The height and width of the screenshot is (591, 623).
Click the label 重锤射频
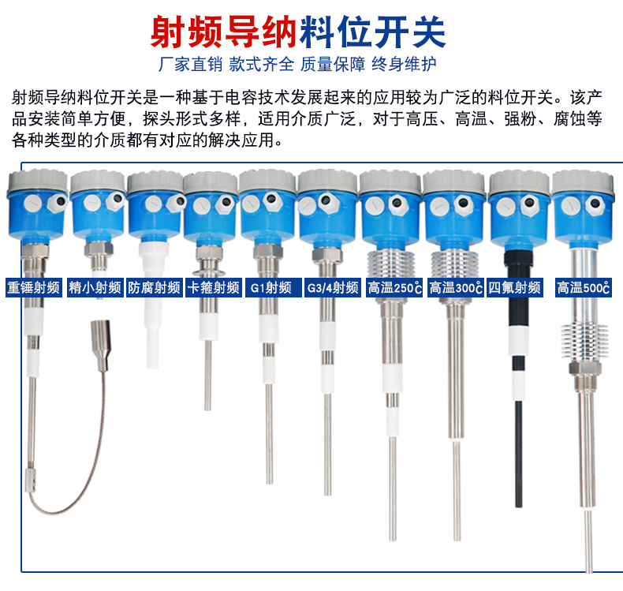[34, 287]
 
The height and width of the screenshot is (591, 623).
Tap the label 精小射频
[95, 287]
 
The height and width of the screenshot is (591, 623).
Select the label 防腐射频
[154, 287]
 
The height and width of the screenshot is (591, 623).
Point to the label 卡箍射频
[214, 287]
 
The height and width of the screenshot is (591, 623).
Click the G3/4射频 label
[333, 287]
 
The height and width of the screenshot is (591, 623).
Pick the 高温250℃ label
[394, 287]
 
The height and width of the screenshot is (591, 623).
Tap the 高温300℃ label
[456, 287]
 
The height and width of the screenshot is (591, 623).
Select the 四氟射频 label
[515, 287]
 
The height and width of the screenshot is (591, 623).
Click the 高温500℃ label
[584, 287]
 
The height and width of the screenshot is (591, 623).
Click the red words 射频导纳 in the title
[223, 32]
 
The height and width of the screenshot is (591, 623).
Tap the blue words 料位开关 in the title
[373, 32]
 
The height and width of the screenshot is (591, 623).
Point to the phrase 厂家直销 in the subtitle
[190, 64]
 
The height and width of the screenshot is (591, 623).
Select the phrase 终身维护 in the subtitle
[404, 64]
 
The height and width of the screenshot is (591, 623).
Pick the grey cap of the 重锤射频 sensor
[38, 181]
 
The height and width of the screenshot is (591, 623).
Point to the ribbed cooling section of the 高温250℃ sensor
[391, 264]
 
